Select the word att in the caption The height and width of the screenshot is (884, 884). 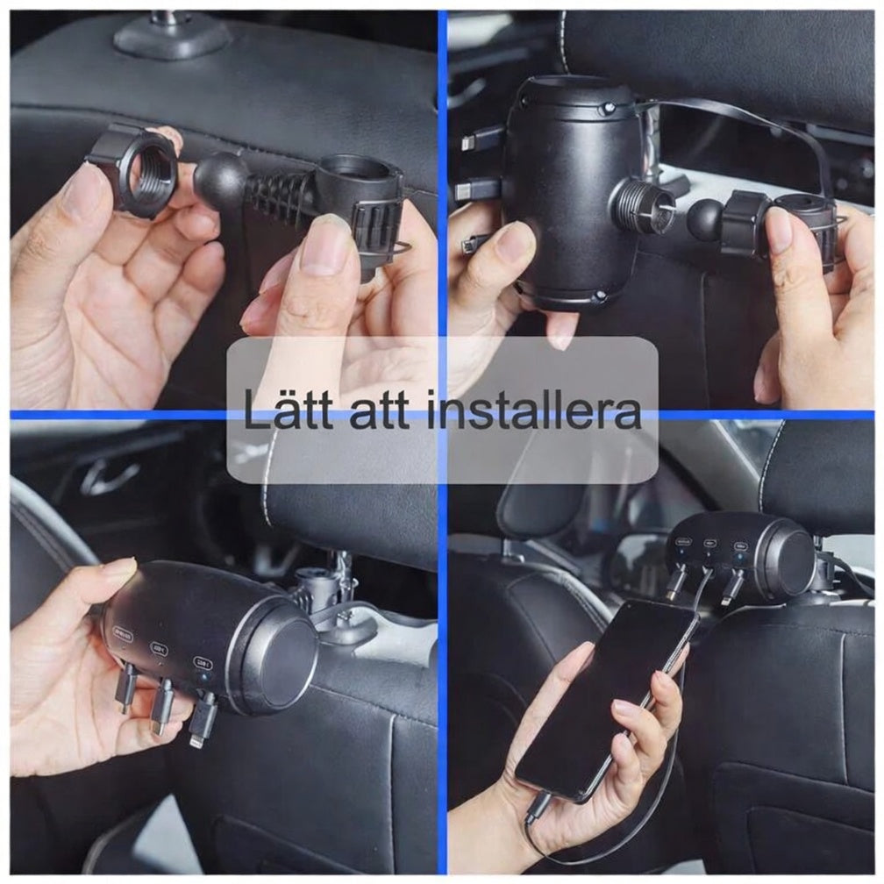point(382,411)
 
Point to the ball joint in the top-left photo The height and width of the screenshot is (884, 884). point(222,180)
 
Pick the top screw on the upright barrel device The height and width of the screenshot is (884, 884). point(606,109)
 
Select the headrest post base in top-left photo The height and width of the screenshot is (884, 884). point(172,36)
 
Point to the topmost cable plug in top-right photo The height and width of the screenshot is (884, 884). point(481,139)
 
